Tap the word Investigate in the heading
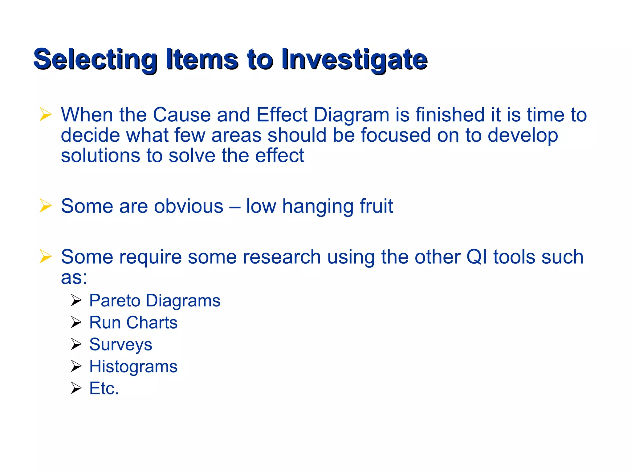pyautogui.click(x=354, y=59)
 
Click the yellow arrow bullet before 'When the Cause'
pyautogui.click(x=46, y=115)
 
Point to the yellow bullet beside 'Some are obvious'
pyautogui.click(x=46, y=206)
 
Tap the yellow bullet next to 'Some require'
pyautogui.click(x=46, y=257)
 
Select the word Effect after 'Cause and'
pyautogui.click(x=282, y=115)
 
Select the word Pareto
pyautogui.click(x=115, y=301)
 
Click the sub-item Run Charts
pyautogui.click(x=133, y=322)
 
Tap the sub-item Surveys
pyautogui.click(x=120, y=345)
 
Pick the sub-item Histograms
pyautogui.click(x=133, y=366)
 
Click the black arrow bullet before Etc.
pyautogui.click(x=76, y=388)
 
